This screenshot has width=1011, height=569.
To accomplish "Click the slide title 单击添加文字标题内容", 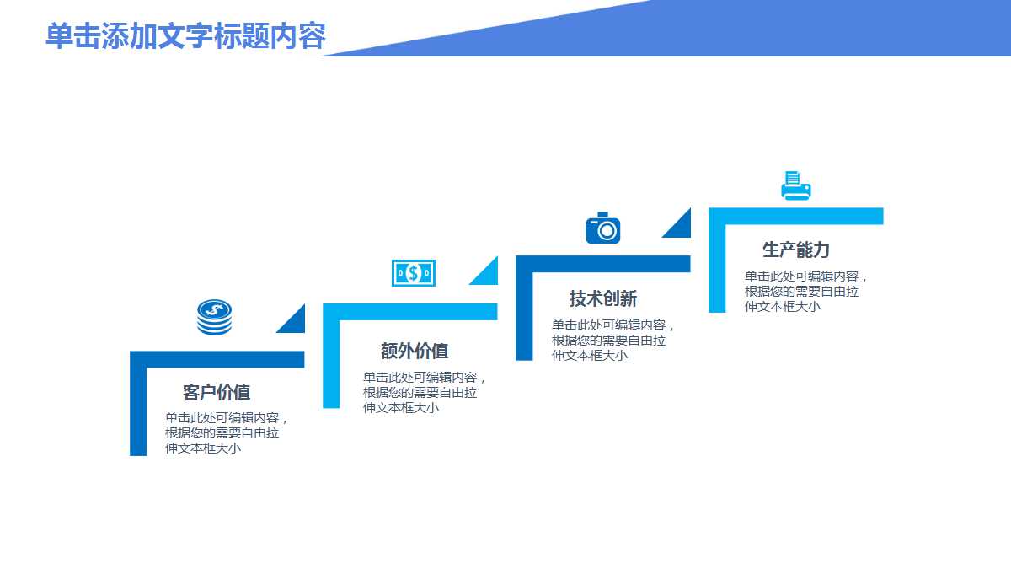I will (185, 36).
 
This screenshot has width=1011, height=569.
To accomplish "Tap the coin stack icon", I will (214, 318).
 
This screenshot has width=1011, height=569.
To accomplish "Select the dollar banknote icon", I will (413, 272).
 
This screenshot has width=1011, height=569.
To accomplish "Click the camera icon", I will (603, 228).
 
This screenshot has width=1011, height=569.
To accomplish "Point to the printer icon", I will (795, 186).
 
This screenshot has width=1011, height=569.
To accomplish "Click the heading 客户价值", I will (217, 392).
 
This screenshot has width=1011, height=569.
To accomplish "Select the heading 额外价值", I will (415, 351).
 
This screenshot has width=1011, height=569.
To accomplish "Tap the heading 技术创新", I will (603, 298).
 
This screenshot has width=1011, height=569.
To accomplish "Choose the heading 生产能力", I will (796, 250).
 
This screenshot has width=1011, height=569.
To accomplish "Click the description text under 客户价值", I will (226, 432).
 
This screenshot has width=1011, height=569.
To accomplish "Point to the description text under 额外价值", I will (424, 392).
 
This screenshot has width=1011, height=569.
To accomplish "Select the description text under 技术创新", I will (612, 340).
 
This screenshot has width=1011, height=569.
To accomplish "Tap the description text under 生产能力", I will (805, 291).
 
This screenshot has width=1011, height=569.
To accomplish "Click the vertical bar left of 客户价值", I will (138, 409).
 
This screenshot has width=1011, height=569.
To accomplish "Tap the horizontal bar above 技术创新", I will (603, 264).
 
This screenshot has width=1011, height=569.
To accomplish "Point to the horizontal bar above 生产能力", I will (796, 216).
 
